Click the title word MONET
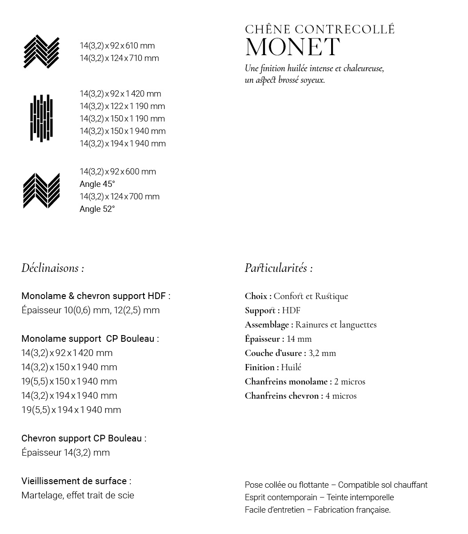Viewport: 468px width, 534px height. point(292,47)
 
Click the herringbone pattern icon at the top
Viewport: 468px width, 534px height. point(41,52)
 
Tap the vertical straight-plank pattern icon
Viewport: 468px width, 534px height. point(41,118)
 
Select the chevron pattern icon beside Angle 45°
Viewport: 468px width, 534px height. point(41,190)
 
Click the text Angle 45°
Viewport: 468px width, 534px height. point(97,184)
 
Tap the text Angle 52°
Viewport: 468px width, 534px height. point(97,209)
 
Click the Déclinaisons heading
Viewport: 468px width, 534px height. point(52,268)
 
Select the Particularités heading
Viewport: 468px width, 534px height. point(278,268)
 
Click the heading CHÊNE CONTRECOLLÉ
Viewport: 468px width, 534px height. point(320,29)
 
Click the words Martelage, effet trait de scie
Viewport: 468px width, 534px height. point(77,495)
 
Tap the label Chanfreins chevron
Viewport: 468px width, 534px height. point(284,396)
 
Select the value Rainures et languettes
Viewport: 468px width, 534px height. point(336,324)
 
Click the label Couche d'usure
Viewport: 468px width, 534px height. point(275,353)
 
